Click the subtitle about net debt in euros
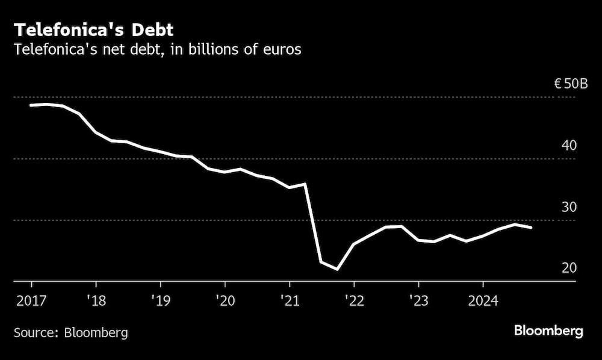coord(158,49)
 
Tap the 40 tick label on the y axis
coord(569,146)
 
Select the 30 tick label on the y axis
coord(569,207)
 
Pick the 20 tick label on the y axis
coord(569,268)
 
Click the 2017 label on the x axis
coord(31,300)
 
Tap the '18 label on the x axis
coord(95,300)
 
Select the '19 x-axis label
coord(160,300)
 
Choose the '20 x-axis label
coord(225,300)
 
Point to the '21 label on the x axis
coord(289,300)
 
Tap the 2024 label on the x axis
coord(483,300)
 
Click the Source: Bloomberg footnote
coord(71,332)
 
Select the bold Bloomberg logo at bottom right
coord(548,331)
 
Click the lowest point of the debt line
coord(337,269)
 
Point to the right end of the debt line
coord(531,228)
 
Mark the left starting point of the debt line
coord(31,105)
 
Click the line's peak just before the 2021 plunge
coord(305,184)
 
